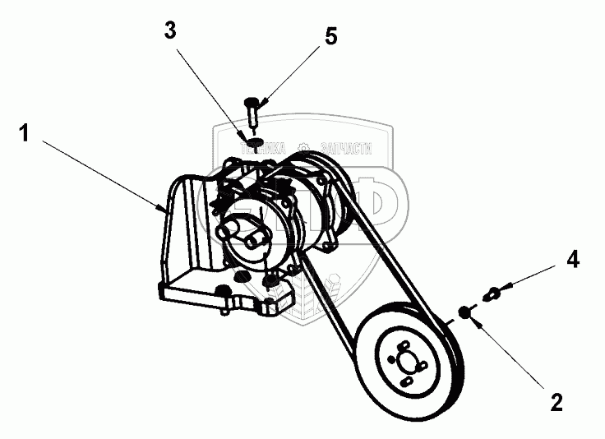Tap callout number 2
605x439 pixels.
pos(557,404)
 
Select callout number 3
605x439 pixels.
pos(169,31)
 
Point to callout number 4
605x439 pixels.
pos(573,260)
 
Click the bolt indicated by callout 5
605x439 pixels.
pos(252,107)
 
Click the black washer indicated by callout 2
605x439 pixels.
pos(464,312)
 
